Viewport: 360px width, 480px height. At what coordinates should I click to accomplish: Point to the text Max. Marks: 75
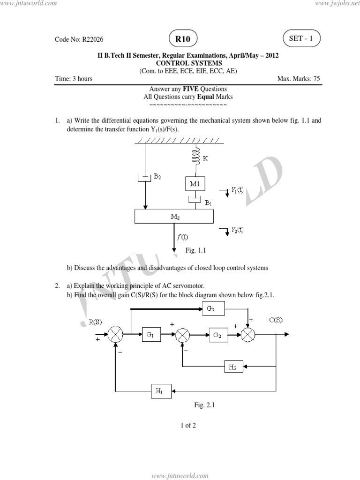(299, 79)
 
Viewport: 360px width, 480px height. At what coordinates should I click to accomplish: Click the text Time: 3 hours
(74, 79)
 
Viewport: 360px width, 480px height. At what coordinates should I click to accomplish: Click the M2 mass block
(174, 216)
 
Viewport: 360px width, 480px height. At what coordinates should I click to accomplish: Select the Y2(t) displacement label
(237, 230)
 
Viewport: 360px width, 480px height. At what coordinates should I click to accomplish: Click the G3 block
(214, 307)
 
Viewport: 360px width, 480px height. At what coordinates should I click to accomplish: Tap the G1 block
(150, 335)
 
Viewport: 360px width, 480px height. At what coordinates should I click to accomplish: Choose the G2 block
(217, 335)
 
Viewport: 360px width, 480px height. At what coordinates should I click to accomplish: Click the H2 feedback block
(233, 367)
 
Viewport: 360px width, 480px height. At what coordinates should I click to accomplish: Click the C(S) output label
(276, 320)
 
